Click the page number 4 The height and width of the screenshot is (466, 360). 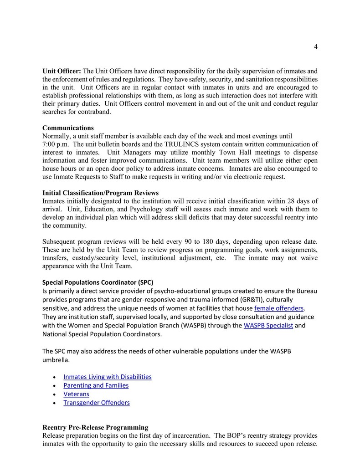pos(315,46)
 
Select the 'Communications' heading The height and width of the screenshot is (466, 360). pos(68,128)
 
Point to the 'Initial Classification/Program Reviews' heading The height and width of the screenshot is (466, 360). pos(100,193)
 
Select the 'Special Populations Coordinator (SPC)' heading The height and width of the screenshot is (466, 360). pos(101,282)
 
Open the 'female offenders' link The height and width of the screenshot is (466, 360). pos(278,308)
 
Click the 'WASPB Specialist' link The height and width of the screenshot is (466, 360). pos(268,326)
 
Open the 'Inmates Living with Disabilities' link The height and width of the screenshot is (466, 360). pos(108,377)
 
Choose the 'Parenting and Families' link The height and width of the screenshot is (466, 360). pos(96,385)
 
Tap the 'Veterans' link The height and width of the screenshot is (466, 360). pos(76,394)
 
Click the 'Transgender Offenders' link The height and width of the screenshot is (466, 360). pos(97,403)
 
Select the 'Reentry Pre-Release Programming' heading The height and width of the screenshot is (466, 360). pos(95,427)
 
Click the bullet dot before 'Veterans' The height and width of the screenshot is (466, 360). pos(55,394)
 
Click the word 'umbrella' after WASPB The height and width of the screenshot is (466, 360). pos(56,360)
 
